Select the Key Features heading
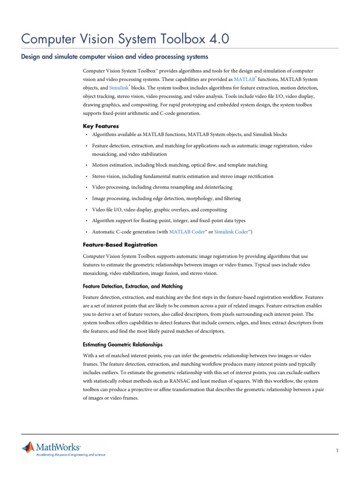[x=101, y=126]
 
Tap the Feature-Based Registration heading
[x=120, y=245]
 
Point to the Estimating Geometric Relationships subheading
[x=123, y=345]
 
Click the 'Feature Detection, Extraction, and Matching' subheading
[x=133, y=286]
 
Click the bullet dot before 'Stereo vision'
[x=87, y=177]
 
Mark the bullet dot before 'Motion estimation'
[x=87, y=165]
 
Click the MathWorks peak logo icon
[x=28, y=448]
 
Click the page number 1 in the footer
[x=337, y=450]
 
